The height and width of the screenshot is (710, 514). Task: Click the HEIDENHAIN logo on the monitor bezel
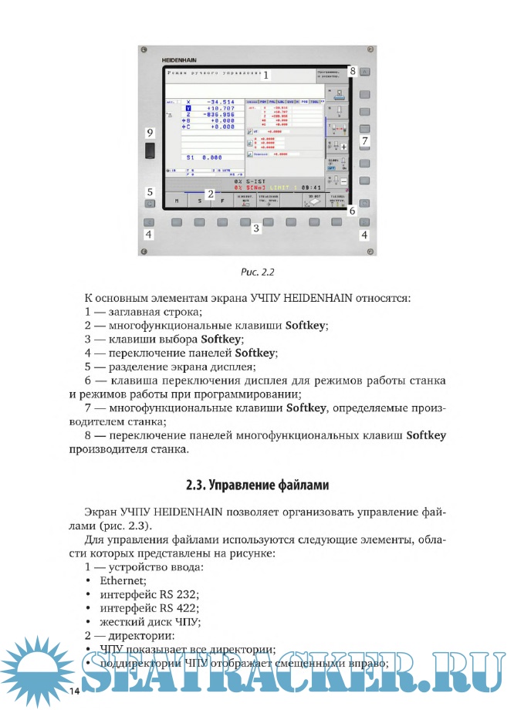(x=178, y=59)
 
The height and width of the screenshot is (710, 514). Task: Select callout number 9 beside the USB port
(x=150, y=133)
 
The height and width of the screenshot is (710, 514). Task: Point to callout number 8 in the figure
(x=351, y=71)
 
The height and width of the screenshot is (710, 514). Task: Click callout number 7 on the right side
(x=365, y=140)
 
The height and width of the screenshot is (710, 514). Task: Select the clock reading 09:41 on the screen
(x=313, y=187)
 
